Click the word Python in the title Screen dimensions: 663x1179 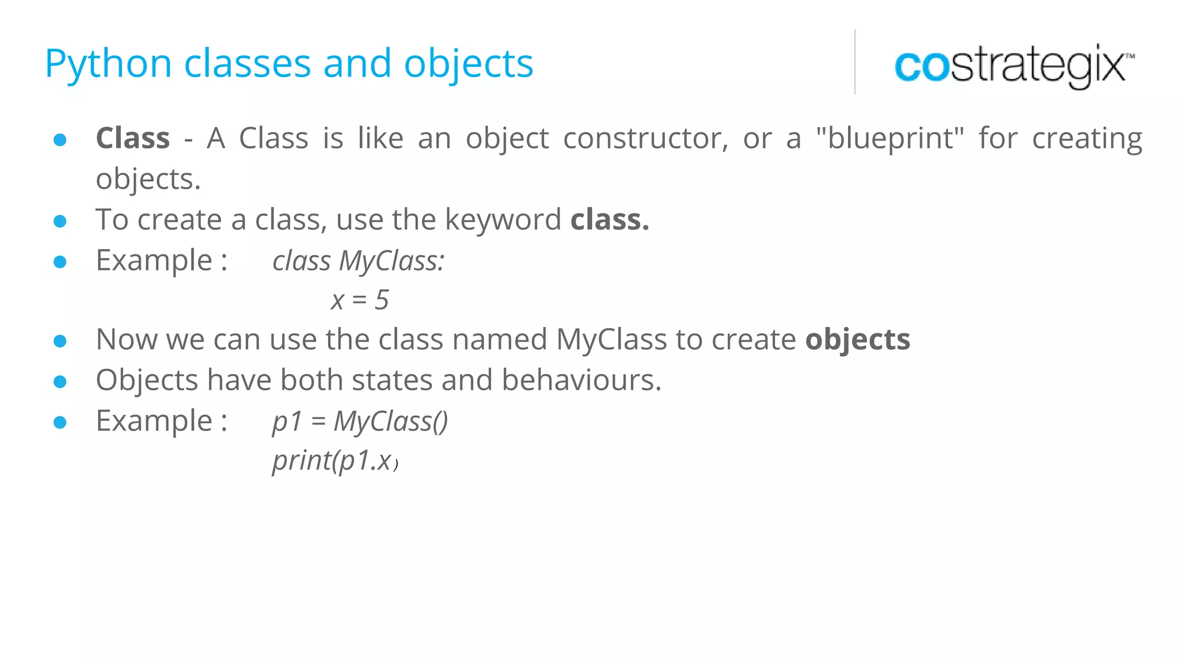click(108, 63)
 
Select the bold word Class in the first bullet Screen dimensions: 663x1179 click(133, 138)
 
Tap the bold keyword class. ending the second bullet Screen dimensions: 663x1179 click(610, 219)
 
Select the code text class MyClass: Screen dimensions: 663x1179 click(358, 261)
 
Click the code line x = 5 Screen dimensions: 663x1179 click(360, 300)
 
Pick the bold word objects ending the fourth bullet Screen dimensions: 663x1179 click(857, 340)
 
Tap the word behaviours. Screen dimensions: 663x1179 click(581, 380)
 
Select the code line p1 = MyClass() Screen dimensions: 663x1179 click(360, 421)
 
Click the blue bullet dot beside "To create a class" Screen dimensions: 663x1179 click(60, 221)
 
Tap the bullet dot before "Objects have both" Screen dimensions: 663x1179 click(60, 382)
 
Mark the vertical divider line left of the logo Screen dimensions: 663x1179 click(855, 62)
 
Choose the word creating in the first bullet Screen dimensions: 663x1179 click(1086, 138)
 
